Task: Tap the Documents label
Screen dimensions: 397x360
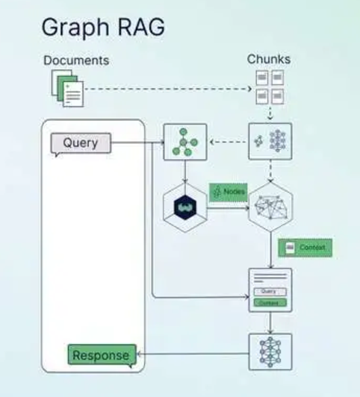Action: pyautogui.click(x=75, y=60)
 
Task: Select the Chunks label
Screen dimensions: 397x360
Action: pyautogui.click(x=269, y=59)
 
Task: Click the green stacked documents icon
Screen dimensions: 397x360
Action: pyautogui.click(x=66, y=89)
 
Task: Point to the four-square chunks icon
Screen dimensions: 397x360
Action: pyautogui.click(x=270, y=86)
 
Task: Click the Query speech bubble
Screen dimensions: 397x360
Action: pyautogui.click(x=80, y=143)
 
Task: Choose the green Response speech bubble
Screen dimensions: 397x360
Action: pyautogui.click(x=102, y=354)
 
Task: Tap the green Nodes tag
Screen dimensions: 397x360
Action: pyautogui.click(x=229, y=192)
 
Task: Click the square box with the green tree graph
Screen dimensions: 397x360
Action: pyautogui.click(x=184, y=142)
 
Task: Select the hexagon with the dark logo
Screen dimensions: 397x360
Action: pyautogui.click(x=184, y=206)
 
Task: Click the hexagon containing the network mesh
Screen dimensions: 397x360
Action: pyautogui.click(x=270, y=206)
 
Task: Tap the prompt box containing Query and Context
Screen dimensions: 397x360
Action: pyautogui.click(x=270, y=290)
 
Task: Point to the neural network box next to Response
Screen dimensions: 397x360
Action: pyautogui.click(x=270, y=351)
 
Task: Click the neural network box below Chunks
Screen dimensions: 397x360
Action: pyautogui.click(x=270, y=142)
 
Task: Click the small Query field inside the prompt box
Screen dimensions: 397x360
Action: pyautogui.click(x=269, y=292)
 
